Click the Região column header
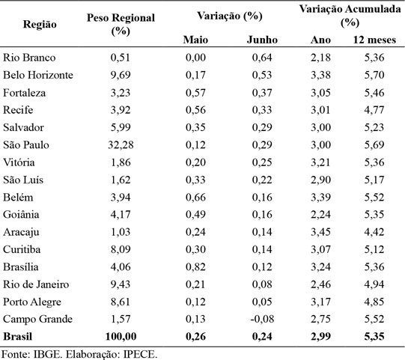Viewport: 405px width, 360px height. click(x=40, y=25)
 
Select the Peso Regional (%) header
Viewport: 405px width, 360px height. click(x=121, y=24)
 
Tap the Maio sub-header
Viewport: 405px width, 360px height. click(x=195, y=40)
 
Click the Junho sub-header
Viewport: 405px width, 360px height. click(x=262, y=40)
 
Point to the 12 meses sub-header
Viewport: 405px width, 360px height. click(x=374, y=40)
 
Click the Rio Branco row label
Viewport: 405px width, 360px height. click(x=29, y=58)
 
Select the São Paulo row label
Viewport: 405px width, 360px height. click(x=26, y=144)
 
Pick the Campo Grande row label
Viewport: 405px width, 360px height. click(x=37, y=319)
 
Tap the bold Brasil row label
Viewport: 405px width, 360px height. click(x=17, y=337)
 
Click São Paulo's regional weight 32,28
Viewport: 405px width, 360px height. click(x=121, y=144)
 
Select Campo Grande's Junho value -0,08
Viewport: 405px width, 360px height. click(x=262, y=319)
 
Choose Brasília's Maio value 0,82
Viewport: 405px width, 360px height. click(x=195, y=266)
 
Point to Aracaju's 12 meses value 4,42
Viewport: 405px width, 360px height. click(x=374, y=232)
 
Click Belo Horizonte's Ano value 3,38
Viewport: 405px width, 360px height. click(x=320, y=75)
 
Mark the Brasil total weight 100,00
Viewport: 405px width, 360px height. click(x=121, y=337)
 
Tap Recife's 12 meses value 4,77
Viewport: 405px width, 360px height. click(x=374, y=110)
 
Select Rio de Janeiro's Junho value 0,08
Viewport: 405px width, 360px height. click(x=262, y=284)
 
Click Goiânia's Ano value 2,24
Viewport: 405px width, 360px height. click(x=320, y=214)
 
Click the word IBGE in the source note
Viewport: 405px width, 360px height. click(x=48, y=354)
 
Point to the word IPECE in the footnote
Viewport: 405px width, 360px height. click(x=140, y=354)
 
